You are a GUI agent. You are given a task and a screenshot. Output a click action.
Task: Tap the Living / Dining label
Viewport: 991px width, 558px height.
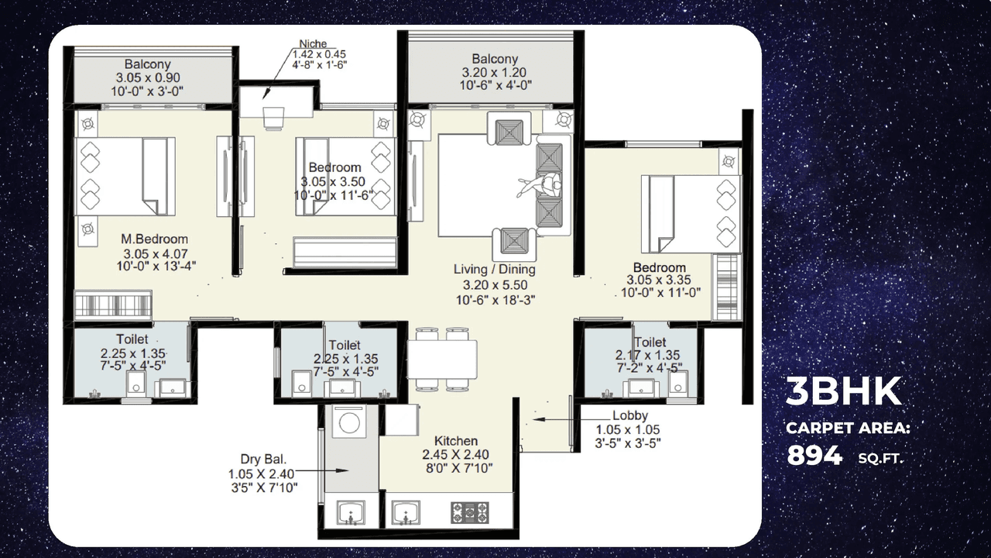point(494,270)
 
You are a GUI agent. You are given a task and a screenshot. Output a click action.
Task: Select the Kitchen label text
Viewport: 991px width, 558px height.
point(455,440)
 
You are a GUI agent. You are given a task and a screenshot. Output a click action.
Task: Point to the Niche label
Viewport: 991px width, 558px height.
point(313,43)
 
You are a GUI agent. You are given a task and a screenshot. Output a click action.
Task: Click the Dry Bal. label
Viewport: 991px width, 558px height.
point(263,460)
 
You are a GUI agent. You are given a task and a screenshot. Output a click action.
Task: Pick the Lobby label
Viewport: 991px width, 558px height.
point(629,415)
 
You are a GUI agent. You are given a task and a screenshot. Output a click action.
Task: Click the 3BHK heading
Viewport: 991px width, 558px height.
point(843,392)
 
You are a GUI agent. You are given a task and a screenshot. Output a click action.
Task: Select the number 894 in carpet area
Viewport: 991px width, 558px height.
point(814,456)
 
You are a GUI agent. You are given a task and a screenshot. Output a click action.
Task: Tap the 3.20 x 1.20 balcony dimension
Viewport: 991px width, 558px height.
point(495,72)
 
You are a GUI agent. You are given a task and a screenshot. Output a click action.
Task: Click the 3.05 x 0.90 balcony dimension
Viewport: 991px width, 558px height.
point(147,77)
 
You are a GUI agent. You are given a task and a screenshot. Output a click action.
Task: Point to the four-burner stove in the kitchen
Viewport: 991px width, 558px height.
point(470,511)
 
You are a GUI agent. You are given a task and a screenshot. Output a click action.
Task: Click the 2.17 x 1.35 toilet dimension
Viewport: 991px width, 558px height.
point(649,356)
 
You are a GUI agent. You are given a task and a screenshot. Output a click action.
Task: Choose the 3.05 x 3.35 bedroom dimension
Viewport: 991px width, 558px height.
point(659,281)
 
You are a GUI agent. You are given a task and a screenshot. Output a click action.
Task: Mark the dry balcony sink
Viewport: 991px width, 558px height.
point(349,512)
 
